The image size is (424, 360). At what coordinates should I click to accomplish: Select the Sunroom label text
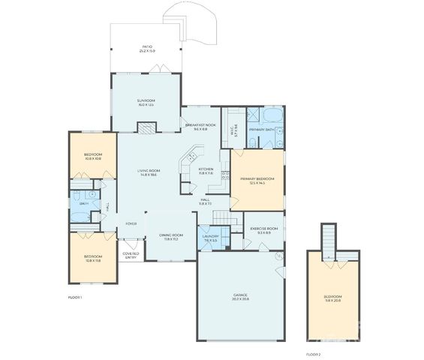146,100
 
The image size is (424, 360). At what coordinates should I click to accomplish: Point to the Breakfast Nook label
201,125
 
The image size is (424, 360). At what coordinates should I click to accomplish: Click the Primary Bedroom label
257,178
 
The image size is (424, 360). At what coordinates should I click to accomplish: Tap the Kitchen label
206,169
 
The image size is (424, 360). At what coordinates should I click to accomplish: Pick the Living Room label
149,170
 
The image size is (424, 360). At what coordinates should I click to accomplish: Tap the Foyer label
131,223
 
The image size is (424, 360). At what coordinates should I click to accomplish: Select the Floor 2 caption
313,353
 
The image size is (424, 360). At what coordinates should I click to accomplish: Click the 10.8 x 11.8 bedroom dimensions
92,259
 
